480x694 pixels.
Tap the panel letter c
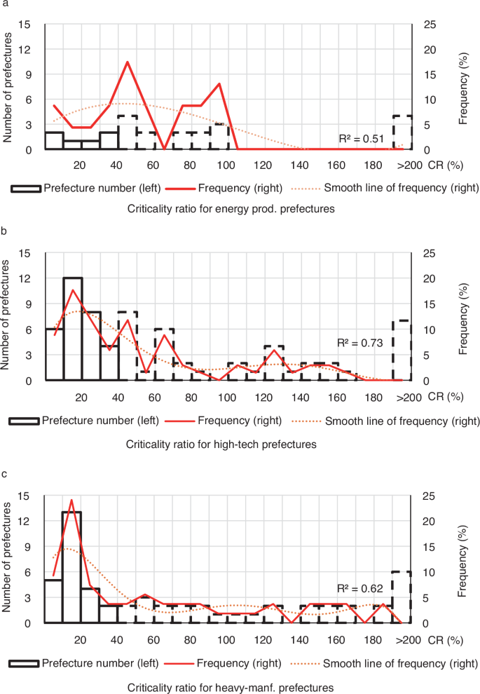click(5, 475)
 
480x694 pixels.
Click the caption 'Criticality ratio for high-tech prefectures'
click(221, 444)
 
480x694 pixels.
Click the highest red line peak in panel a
click(127, 62)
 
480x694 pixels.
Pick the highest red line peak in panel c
click(71, 501)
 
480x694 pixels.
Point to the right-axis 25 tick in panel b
click(433, 252)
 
